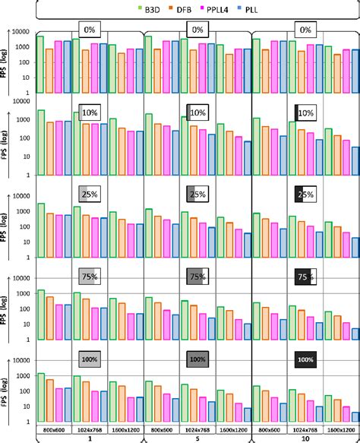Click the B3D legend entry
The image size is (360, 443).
[145, 11]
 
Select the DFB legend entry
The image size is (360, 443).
[182, 11]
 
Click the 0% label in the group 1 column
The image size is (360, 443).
[90, 30]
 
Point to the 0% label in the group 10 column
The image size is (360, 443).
[306, 30]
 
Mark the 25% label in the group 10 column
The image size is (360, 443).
[306, 195]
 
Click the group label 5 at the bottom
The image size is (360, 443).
[197, 438]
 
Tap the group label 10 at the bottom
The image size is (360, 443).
[305, 438]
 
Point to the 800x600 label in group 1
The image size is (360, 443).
[54, 429]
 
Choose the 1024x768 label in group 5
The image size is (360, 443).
[197, 429]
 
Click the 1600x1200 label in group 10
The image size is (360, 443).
[341, 429]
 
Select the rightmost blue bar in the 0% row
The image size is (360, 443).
[353, 71]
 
